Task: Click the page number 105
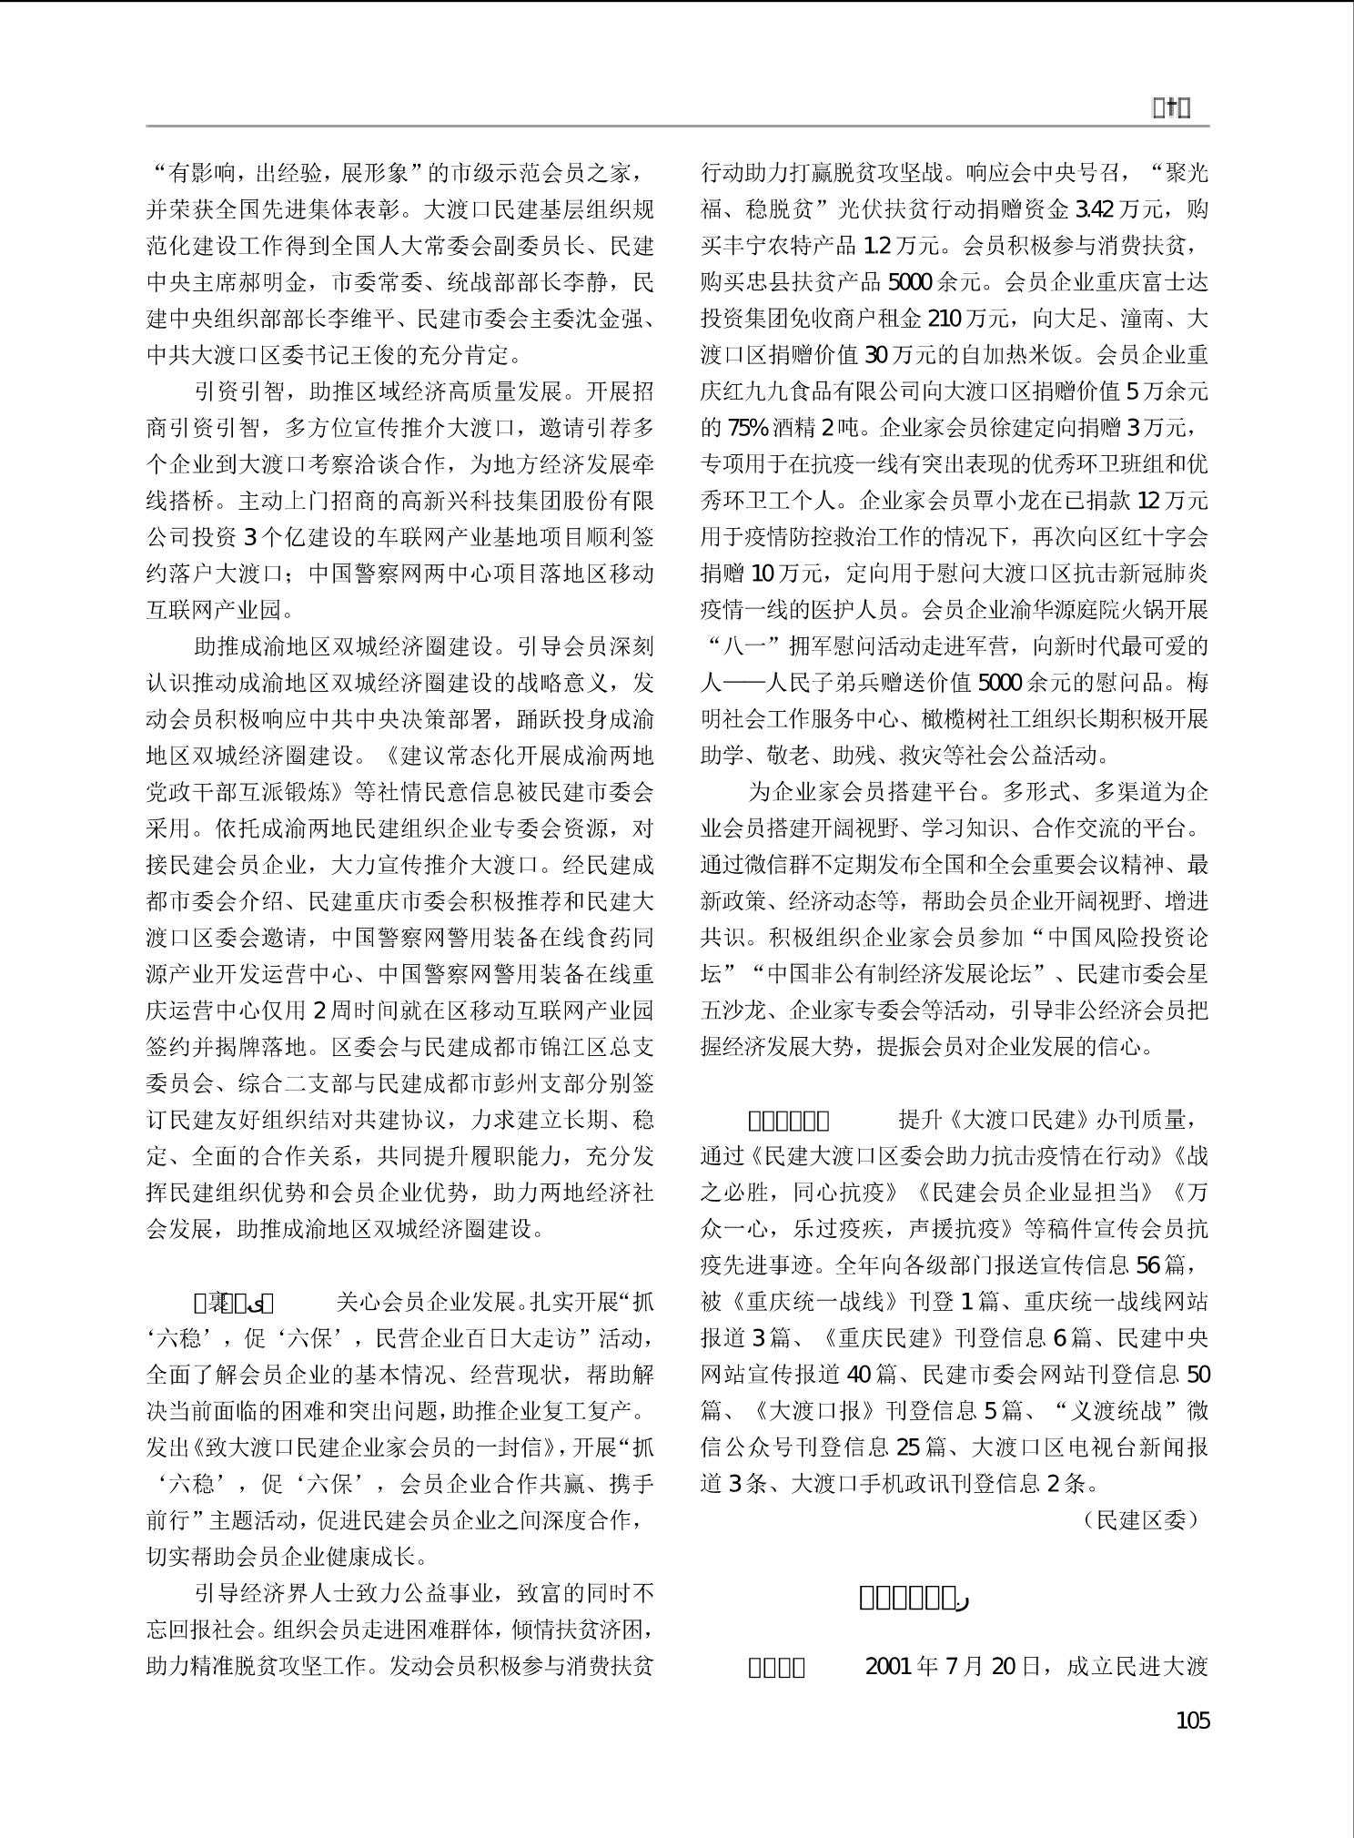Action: pos(1192,1721)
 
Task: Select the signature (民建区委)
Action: pos(1141,1519)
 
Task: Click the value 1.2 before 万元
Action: pos(875,247)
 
